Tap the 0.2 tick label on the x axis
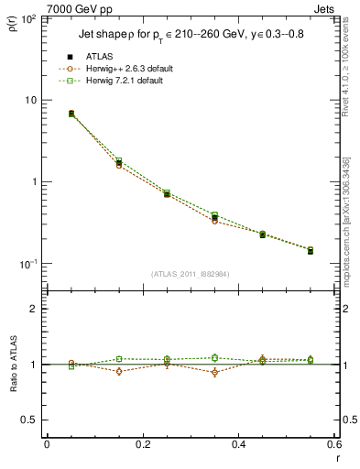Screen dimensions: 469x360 142,443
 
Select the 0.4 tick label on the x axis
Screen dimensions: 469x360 238,443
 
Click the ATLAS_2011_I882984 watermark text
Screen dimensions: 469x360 190,273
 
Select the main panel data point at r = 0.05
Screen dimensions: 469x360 71,114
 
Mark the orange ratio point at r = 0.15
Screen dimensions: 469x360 119,371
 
